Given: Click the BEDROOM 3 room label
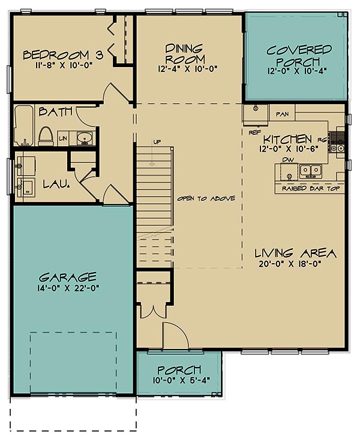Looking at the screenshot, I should [x=63, y=55].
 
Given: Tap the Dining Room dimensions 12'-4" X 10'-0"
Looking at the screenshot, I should [x=186, y=68].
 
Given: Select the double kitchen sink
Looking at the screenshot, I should [x=310, y=171].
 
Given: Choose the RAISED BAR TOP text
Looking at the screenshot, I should [x=310, y=188].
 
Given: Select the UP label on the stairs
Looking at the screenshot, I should [x=158, y=143].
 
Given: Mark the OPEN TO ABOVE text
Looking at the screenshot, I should [x=206, y=198].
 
